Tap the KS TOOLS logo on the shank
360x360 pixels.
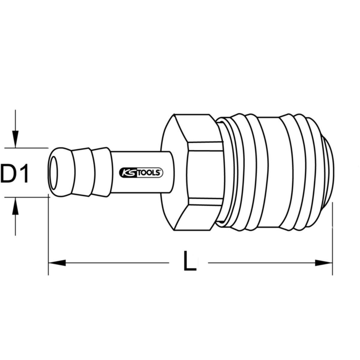tap(141, 172)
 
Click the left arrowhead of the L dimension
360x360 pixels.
tap(57, 263)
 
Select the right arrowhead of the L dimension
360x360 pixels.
tap(324, 263)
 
